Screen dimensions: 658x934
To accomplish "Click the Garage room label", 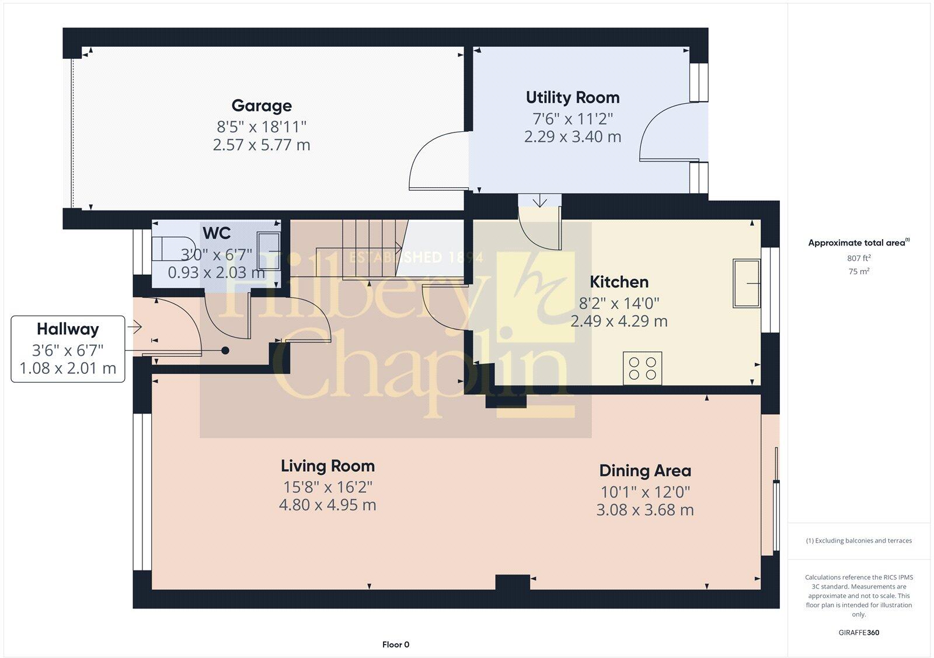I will (262, 106).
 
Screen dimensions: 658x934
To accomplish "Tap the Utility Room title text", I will (572, 97).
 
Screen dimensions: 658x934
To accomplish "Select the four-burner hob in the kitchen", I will (642, 368).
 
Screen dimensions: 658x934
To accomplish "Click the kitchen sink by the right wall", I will (747, 283).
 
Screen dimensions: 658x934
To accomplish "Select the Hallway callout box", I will (68, 349).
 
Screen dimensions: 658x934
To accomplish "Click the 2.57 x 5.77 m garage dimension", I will (262, 145).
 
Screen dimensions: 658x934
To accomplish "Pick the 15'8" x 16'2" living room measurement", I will (327, 487).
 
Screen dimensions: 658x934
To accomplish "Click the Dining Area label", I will (645, 471).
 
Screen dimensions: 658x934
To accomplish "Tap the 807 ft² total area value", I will (859, 258).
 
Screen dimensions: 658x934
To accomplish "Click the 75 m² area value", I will (859, 271).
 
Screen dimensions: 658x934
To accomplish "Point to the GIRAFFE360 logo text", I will (859, 632).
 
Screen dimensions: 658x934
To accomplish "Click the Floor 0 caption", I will (396, 645).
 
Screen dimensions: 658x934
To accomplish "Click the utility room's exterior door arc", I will (665, 131).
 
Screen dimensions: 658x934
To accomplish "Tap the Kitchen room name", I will (619, 282).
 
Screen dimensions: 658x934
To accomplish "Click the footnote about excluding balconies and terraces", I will (859, 541).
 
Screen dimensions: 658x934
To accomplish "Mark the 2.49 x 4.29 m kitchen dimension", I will (619, 321).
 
